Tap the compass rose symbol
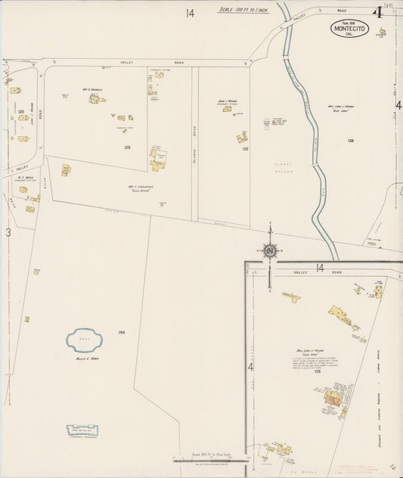click(270, 249)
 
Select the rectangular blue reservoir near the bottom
click(83, 431)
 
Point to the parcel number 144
click(121, 333)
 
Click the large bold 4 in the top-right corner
click(377, 12)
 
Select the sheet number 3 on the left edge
click(8, 233)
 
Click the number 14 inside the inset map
click(320, 268)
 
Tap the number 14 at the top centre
click(189, 13)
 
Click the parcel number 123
click(20, 111)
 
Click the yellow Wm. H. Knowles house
click(94, 99)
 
